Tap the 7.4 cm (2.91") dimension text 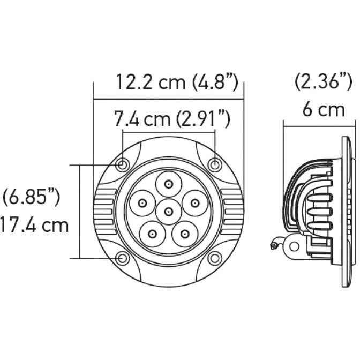point(172,119)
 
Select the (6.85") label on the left point(31,197)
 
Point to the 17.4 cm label point(34,224)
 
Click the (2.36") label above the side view point(324,82)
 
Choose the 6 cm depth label point(323,110)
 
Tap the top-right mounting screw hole point(215,164)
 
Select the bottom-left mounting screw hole point(124,258)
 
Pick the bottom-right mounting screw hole point(215,258)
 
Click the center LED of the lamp point(169,212)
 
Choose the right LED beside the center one point(194,203)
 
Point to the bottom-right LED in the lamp point(185,234)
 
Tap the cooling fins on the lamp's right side point(232,210)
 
